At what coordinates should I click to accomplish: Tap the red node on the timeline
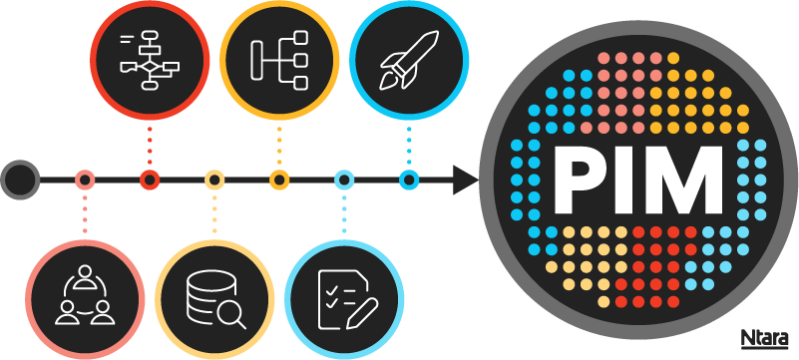(150, 180)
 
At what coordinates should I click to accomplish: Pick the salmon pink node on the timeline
(85, 180)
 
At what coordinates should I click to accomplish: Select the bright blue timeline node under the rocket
(408, 180)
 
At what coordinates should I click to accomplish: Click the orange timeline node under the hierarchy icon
(279, 180)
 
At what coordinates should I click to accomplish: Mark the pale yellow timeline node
(214, 180)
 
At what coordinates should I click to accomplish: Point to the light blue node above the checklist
(343, 180)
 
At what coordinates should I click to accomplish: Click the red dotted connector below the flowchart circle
(150, 146)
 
